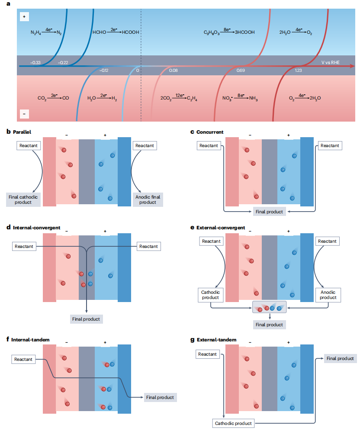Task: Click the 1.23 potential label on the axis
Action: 298,71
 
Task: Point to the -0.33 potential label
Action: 35,63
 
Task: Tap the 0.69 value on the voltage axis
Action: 241,71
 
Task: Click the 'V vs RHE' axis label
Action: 330,62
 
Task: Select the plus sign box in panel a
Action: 24,17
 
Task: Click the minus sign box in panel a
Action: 24,114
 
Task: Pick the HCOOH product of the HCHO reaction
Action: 131,32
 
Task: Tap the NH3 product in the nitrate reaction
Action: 254,98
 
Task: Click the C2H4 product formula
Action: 192,98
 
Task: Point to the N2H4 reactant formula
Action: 36,33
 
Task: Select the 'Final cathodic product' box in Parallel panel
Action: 23,199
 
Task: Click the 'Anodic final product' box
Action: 148,199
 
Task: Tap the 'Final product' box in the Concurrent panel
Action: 269,212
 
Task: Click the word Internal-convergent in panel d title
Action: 36,228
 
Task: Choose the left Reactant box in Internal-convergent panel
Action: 24,246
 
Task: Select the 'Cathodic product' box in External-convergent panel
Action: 210,295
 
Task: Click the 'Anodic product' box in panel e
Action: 328,295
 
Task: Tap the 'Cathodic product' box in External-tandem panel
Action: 233,423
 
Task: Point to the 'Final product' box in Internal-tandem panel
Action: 160,397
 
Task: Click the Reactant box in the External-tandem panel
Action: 208,354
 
